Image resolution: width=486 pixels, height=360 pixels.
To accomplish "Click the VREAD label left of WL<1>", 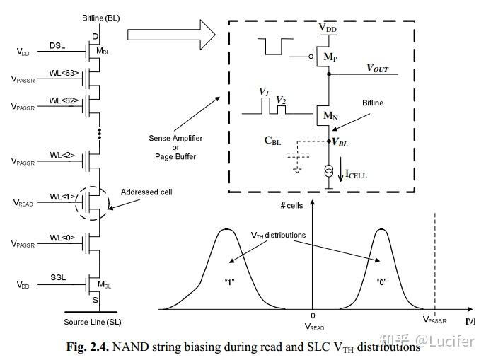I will click(23, 202).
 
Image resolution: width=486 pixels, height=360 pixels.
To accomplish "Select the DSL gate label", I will click(59, 46).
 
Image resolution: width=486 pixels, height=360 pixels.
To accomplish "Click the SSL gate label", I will click(59, 277).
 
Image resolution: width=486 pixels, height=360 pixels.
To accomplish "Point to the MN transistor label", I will click(330, 115).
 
